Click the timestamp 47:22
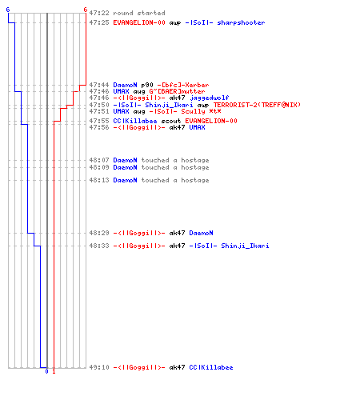pyautogui.click(x=99, y=13)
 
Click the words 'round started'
pyautogui.click(x=139, y=13)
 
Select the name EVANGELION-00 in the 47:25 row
pyautogui.click(x=139, y=22)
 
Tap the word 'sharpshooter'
pyautogui.click(x=241, y=22)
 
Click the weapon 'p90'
pyautogui.click(x=147, y=85)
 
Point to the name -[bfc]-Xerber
pyautogui.click(x=183, y=85)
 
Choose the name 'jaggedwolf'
pyautogui.click(x=209, y=98)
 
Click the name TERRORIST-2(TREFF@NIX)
pyautogui.click(x=257, y=105)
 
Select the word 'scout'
pyautogui.click(x=171, y=121)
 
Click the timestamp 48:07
pyautogui.click(x=99, y=160)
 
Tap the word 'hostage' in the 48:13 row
pyautogui.click(x=195, y=180)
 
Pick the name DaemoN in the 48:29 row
pyautogui.click(x=201, y=233)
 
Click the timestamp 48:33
pyautogui.click(x=99, y=246)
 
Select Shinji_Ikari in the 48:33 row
pyautogui.click(x=245, y=246)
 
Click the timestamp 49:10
pyautogui.click(x=99, y=367)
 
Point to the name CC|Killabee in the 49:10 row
pyautogui.click(x=211, y=367)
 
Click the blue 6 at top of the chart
pyautogui.click(x=8, y=10)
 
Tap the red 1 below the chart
pyautogui.click(x=54, y=371)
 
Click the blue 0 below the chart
pyautogui.click(x=46, y=371)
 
